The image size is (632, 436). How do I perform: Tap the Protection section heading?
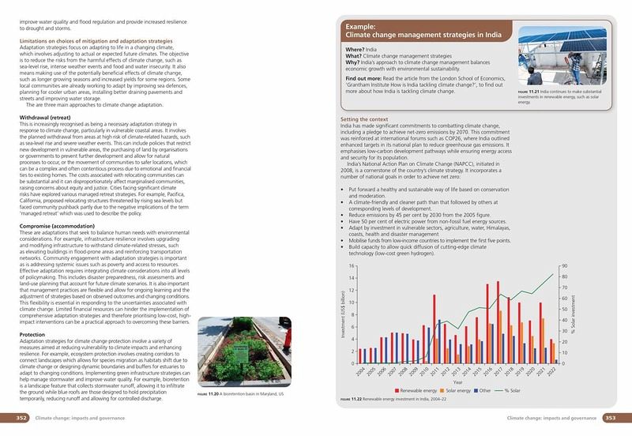tap(32, 334)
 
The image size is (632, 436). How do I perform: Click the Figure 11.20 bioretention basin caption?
tap(239, 394)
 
